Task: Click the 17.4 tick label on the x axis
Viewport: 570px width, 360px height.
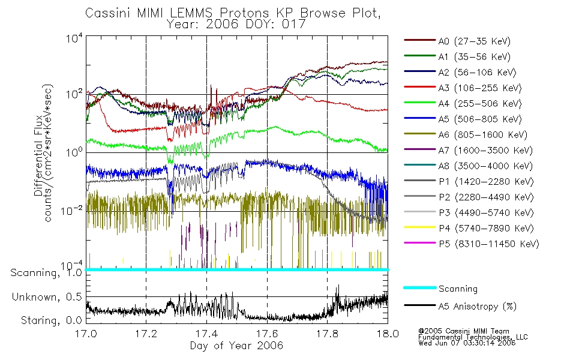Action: point(206,335)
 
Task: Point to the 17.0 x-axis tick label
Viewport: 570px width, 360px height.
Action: point(86,335)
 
